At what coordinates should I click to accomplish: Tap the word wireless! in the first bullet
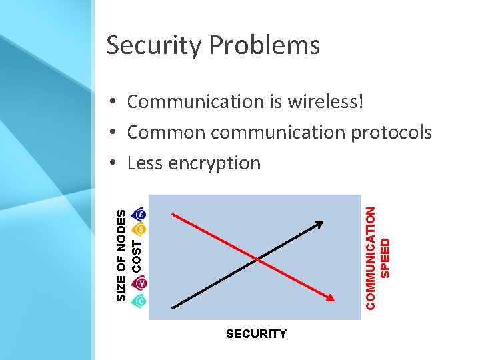point(326,101)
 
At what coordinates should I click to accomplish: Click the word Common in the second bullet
point(166,132)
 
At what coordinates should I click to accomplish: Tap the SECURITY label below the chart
point(256,334)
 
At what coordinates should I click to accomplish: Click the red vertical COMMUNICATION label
point(371,257)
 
